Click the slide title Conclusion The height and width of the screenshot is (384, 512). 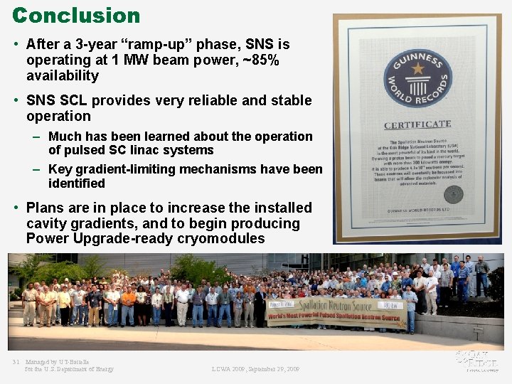click(x=76, y=16)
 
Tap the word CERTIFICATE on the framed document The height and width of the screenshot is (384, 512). click(x=417, y=125)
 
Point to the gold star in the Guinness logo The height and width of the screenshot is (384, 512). click(x=417, y=69)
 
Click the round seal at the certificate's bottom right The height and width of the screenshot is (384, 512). click(x=453, y=194)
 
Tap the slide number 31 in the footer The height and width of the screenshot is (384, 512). click(x=16, y=362)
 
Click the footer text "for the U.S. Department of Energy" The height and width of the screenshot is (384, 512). click(x=69, y=369)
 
